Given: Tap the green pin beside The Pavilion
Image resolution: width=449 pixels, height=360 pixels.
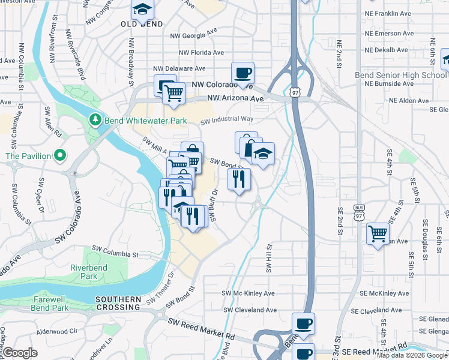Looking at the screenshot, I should coord(59,156).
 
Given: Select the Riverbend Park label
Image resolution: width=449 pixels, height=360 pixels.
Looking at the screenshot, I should coord(83,271).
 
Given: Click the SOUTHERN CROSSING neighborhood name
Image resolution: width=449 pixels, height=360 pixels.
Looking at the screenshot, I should coord(118,303).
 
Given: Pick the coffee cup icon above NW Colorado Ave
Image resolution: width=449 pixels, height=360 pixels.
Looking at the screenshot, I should coord(243,72).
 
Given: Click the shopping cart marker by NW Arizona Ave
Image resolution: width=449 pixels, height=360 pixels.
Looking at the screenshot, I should coord(173,93).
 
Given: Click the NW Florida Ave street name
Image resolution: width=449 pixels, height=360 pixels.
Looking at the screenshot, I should coord(200,53).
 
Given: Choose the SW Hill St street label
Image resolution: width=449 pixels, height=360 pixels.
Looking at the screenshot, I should coord(269,257).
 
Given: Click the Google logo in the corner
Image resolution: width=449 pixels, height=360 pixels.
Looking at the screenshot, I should coord(20,353).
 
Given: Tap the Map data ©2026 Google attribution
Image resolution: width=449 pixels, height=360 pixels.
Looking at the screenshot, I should coord(412,355).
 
